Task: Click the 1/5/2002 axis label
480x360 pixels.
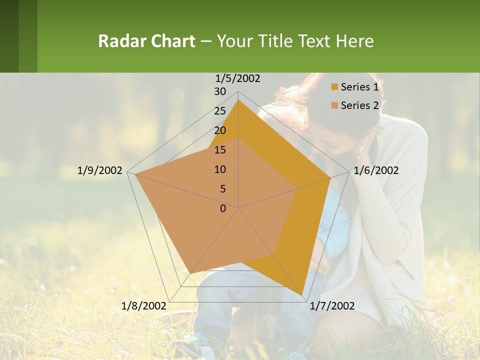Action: (x=237, y=78)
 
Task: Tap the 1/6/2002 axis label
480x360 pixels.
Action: (x=376, y=170)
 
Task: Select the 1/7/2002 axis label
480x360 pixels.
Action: (x=332, y=306)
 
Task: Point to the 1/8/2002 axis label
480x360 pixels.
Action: (x=143, y=306)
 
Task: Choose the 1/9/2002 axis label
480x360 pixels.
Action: (x=100, y=170)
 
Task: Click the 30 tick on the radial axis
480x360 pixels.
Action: (x=220, y=91)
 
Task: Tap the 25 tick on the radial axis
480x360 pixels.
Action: (x=220, y=111)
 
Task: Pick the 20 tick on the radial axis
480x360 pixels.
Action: (x=220, y=130)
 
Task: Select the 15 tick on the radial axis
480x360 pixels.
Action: (x=220, y=150)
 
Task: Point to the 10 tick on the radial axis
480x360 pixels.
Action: (x=220, y=169)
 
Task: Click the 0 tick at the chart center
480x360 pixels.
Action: (x=223, y=208)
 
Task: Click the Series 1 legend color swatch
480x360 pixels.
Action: (x=335, y=87)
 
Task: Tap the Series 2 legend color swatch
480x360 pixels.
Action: (x=335, y=105)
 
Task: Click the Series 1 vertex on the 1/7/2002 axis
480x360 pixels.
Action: (x=302, y=294)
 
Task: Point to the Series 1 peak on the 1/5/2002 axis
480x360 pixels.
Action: (x=238, y=100)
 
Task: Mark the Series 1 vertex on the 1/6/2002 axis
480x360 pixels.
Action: (x=330, y=177)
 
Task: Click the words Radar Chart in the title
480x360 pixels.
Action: (x=146, y=41)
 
